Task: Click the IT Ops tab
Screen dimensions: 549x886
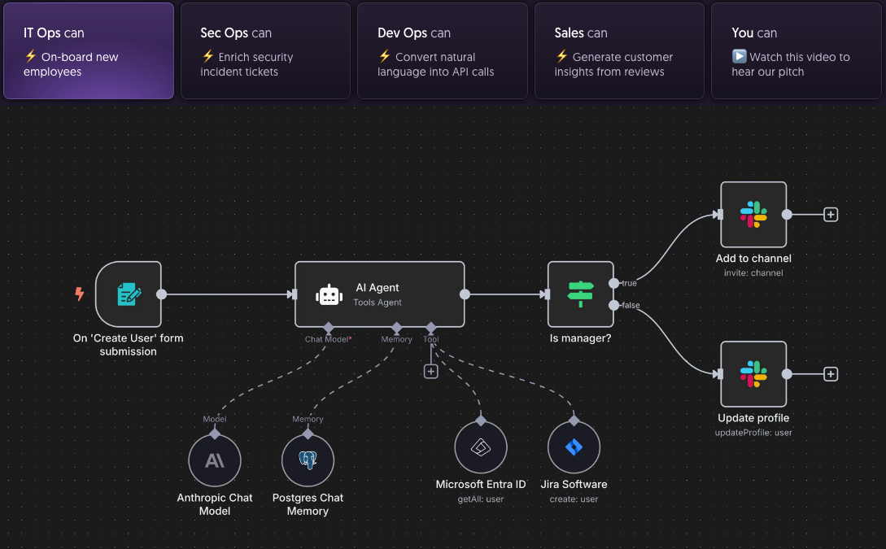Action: click(89, 51)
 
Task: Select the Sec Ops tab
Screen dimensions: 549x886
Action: click(265, 51)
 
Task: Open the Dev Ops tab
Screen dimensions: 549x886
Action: click(442, 51)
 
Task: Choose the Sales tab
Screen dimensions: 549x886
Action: click(618, 51)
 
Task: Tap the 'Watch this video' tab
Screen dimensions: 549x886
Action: click(795, 51)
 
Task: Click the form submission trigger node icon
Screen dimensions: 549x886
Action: click(129, 294)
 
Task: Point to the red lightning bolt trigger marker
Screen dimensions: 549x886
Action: click(80, 294)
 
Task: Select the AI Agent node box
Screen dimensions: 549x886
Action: click(379, 294)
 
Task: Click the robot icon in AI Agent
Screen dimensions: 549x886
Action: click(329, 295)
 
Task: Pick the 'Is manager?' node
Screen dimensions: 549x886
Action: click(581, 294)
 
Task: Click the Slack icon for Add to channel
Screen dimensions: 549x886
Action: click(753, 215)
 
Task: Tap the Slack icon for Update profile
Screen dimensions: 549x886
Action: click(753, 374)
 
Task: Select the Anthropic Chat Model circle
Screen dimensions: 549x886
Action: click(215, 461)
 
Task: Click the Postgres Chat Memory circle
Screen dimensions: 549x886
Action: click(308, 461)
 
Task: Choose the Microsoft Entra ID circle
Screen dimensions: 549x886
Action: click(481, 447)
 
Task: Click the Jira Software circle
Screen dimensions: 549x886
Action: click(574, 447)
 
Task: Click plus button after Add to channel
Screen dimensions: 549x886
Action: click(831, 215)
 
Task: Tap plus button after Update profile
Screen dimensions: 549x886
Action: click(831, 374)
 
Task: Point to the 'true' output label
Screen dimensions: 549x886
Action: click(629, 283)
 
